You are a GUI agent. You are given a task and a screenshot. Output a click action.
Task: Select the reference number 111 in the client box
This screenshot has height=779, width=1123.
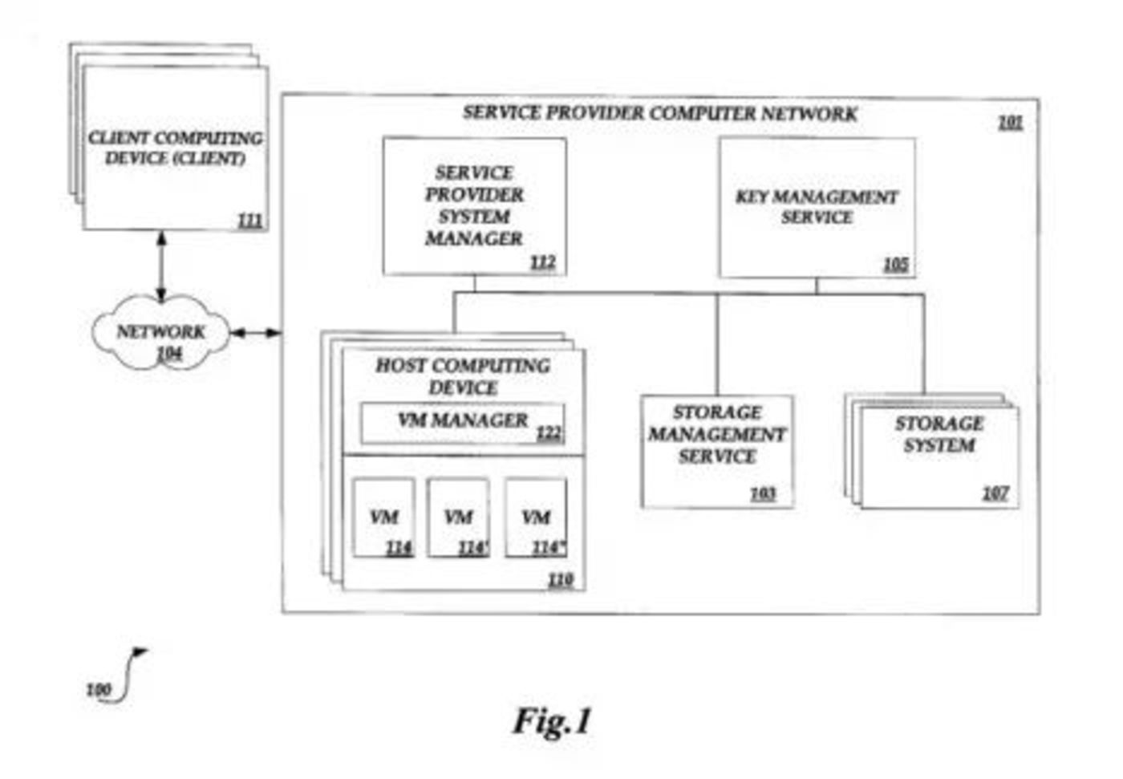(x=249, y=219)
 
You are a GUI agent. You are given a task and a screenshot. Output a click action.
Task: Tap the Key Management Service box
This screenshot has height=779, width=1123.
(x=817, y=207)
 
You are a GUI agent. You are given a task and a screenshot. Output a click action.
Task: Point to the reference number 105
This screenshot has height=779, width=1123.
(x=895, y=264)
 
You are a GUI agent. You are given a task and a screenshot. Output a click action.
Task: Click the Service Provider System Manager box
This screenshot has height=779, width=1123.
(x=474, y=206)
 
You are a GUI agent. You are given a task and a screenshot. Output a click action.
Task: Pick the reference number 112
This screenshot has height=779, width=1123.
(x=542, y=262)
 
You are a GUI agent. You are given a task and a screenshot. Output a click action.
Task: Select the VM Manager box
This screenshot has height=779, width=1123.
(x=462, y=423)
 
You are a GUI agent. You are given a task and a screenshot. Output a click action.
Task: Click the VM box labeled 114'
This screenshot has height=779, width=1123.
(x=458, y=517)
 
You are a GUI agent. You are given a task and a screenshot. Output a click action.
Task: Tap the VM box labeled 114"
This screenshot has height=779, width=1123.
(x=536, y=517)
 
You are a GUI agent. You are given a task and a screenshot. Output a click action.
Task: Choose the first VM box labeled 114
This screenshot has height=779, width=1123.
(x=383, y=517)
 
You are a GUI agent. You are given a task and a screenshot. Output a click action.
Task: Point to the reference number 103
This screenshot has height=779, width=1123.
(x=762, y=493)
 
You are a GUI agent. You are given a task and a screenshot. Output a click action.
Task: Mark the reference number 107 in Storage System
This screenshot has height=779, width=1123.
(x=995, y=493)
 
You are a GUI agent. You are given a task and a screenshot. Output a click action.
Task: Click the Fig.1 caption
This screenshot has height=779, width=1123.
(x=552, y=720)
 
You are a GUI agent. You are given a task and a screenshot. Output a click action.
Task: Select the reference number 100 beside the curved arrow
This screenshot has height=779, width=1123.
(x=98, y=689)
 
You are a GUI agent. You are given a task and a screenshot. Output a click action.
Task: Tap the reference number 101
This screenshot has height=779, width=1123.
(x=1010, y=122)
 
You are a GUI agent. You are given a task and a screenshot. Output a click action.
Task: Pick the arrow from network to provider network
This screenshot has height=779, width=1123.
(x=256, y=332)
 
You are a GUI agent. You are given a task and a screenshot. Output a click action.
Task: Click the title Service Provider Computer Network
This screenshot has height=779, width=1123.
(x=659, y=113)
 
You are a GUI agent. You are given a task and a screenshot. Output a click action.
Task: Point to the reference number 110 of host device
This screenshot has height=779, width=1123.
(x=560, y=578)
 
